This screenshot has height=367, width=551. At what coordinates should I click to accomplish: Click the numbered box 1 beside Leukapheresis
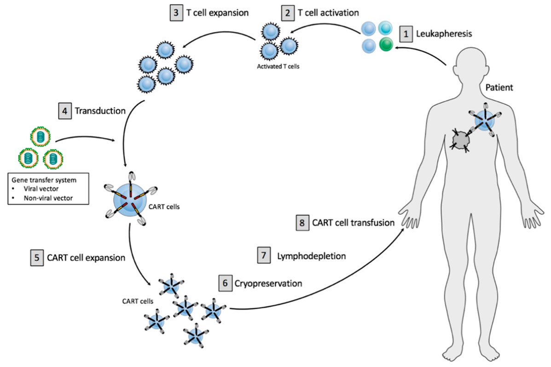[406, 34]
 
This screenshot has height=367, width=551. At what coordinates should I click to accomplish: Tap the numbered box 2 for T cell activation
[288, 13]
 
